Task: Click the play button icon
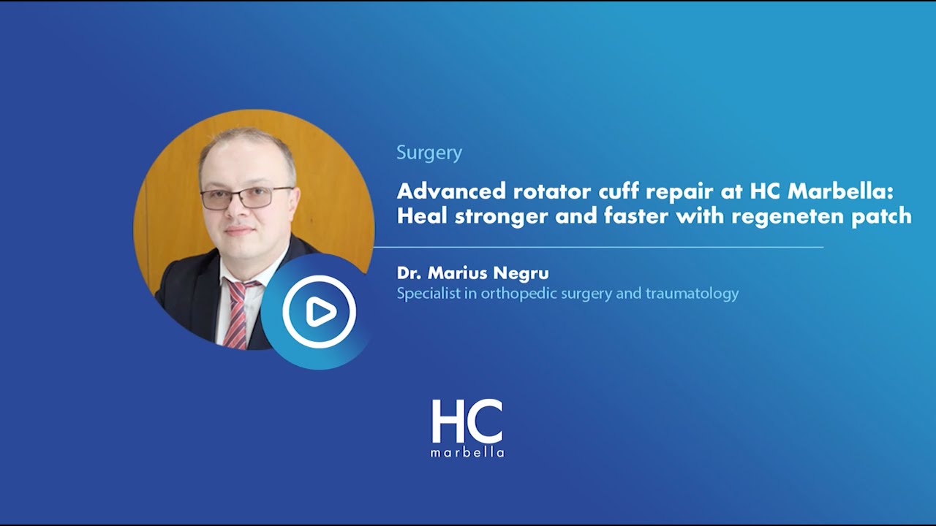[x=319, y=312]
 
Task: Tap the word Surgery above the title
[x=429, y=153]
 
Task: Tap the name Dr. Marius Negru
[x=472, y=273]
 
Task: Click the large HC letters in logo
[x=467, y=422]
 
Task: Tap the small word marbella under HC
[x=467, y=452]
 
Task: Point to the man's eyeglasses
[x=246, y=197]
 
